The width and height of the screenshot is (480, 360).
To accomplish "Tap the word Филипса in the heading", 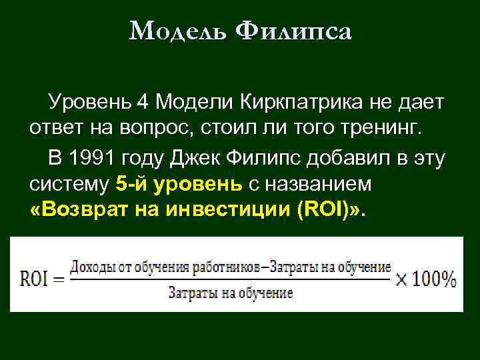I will point(294,31).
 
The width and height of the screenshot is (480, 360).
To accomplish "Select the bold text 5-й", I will point(128,183).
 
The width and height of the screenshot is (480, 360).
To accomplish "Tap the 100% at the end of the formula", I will point(434,279).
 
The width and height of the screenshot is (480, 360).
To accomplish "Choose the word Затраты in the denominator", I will point(190,293).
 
